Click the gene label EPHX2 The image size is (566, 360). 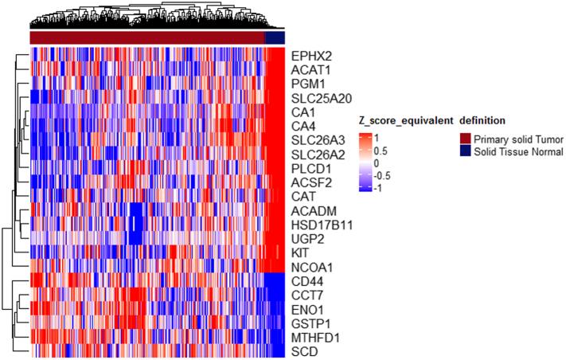[x=311, y=56]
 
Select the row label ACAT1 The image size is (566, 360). [x=310, y=70]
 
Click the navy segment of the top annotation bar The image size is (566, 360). [x=275, y=37]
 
